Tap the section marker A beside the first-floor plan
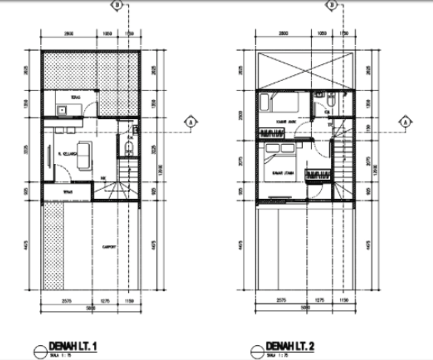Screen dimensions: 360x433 191,122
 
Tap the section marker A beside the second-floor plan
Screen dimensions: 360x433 406,122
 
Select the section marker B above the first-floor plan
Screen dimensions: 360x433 117,5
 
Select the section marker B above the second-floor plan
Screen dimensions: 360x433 332,5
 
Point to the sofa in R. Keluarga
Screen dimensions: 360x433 84,156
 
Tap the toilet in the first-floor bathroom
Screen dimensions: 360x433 129,148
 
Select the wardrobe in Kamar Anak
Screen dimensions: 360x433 271,133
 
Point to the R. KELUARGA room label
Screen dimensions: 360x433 67,154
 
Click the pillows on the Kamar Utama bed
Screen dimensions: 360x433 280,148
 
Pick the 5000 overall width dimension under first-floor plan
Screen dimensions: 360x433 90,308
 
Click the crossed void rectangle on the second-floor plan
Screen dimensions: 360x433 305,71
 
